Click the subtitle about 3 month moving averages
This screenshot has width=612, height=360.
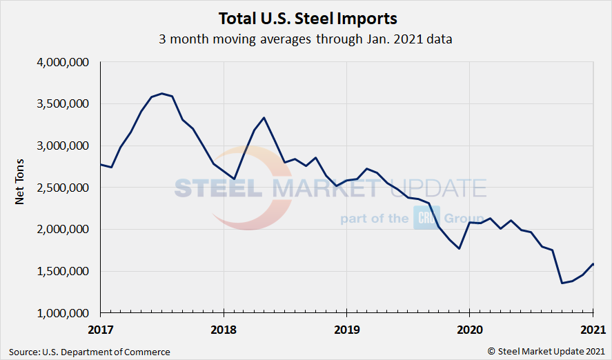(306, 39)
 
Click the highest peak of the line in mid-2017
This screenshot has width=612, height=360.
(161, 93)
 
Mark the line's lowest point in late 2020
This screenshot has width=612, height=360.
(562, 283)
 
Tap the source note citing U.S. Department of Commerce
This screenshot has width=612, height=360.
(90, 352)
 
